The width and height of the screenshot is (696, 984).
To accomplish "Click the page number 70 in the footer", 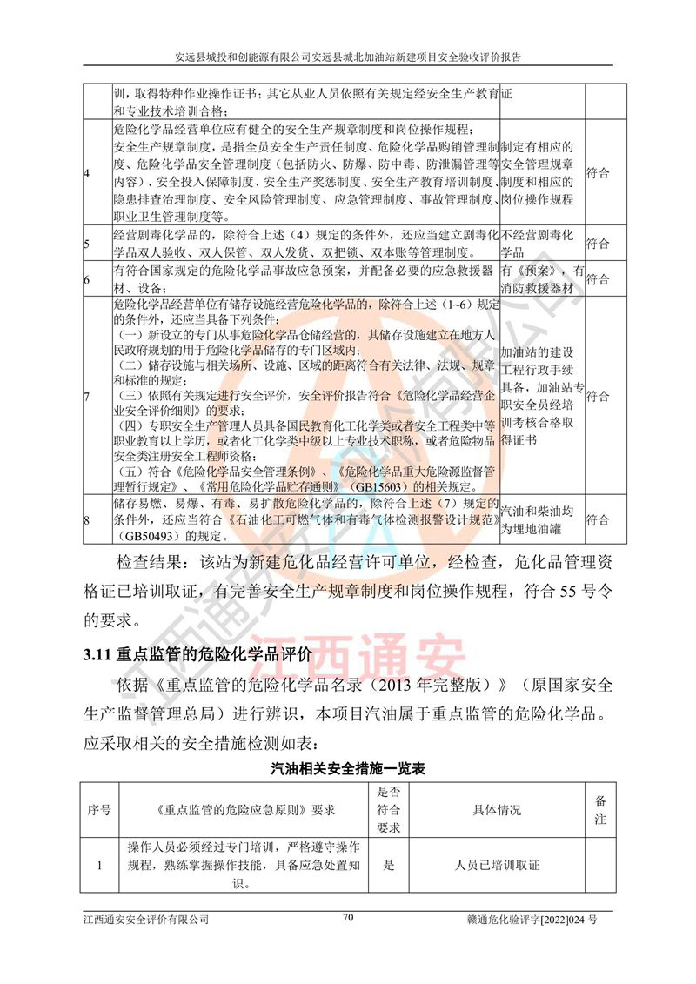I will pyautogui.click(x=348, y=916).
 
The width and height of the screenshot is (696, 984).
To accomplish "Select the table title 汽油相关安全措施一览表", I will pyautogui.click(x=347, y=769).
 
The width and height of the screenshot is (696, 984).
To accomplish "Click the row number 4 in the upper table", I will pyautogui.click(x=87, y=173).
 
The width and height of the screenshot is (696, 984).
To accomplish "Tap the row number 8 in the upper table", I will pyautogui.click(x=87, y=520).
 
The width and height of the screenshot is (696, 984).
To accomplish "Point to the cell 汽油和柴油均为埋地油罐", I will pyautogui.click(x=541, y=520).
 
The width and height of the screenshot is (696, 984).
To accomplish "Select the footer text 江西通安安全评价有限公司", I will pyautogui.click(x=146, y=918).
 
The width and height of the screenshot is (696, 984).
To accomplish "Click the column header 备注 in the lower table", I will pyautogui.click(x=599, y=810).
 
